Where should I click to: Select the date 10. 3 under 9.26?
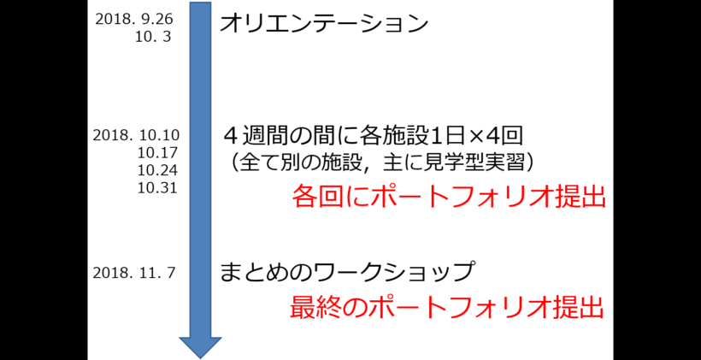pyautogui.click(x=155, y=38)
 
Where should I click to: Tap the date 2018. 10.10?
pyautogui.click(x=136, y=135)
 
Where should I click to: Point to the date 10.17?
pyautogui.click(x=157, y=152)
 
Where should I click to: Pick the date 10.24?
pyautogui.click(x=157, y=169)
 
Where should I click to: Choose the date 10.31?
pyautogui.click(x=157, y=186)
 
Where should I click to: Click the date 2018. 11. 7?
pyautogui.click(x=135, y=273)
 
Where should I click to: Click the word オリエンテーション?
pyautogui.click(x=324, y=23)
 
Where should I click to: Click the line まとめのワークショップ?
pyautogui.click(x=347, y=273)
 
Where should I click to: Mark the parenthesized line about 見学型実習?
pyautogui.click(x=382, y=161)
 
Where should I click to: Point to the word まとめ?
pyautogui.click(x=255, y=273)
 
